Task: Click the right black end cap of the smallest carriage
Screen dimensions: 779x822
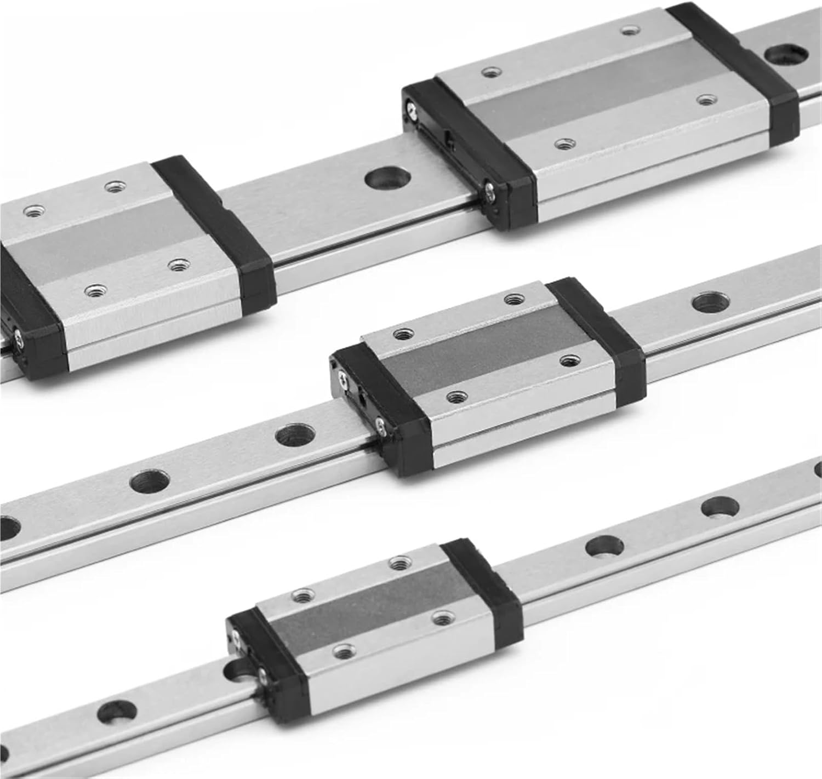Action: click(482, 585)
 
